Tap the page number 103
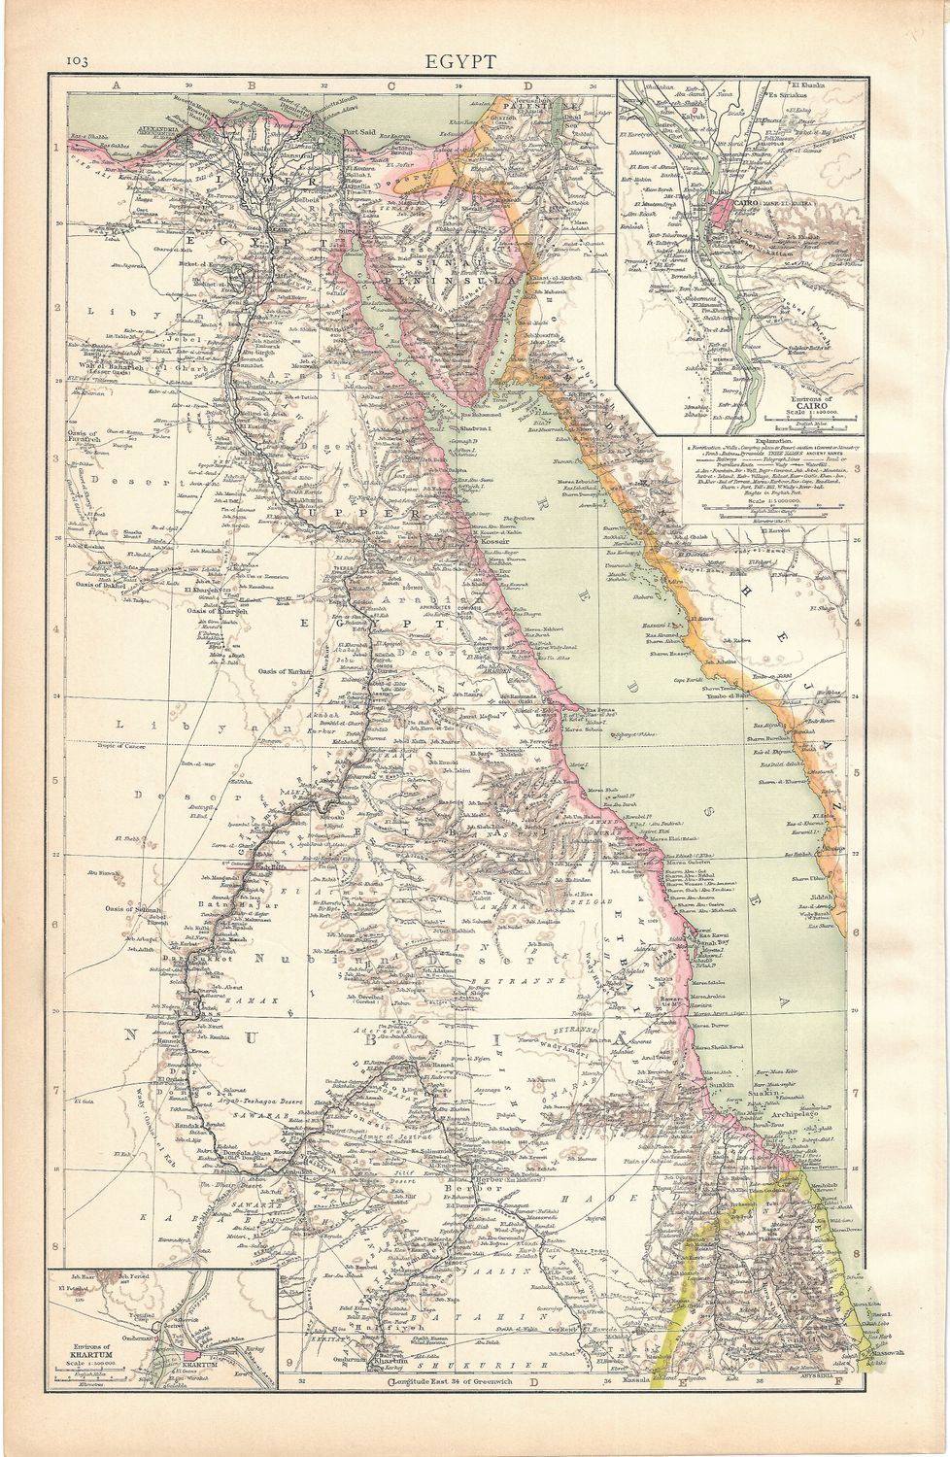point(78,61)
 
